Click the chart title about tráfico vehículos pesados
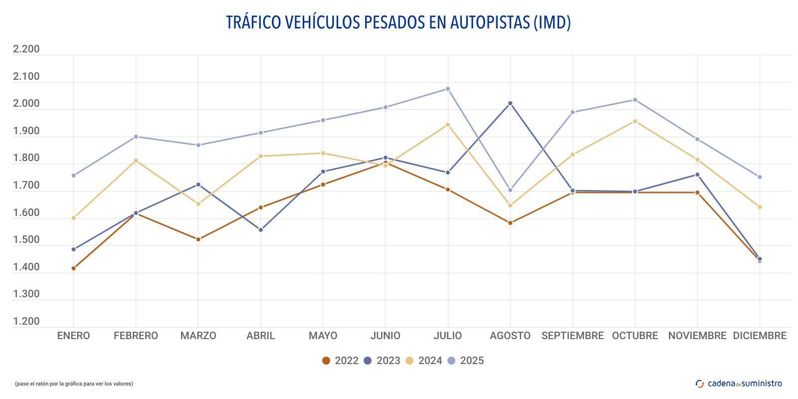click(398, 22)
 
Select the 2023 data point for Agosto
click(510, 103)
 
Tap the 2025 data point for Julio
click(448, 89)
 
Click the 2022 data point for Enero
click(73, 268)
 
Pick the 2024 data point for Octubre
click(635, 121)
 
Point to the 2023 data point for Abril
click(260, 230)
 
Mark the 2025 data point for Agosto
click(510, 190)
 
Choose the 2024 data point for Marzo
click(198, 204)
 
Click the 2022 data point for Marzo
click(198, 239)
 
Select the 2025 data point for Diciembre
click(760, 177)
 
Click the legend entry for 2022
click(340, 361)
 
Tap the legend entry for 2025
click(465, 361)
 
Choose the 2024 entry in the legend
click(423, 361)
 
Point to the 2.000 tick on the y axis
click(26, 104)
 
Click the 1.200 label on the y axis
click(26, 321)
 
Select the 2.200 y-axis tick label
click(26, 49)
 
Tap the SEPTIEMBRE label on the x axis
click(573, 336)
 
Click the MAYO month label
click(323, 336)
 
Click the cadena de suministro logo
click(739, 384)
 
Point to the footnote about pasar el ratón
click(74, 384)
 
